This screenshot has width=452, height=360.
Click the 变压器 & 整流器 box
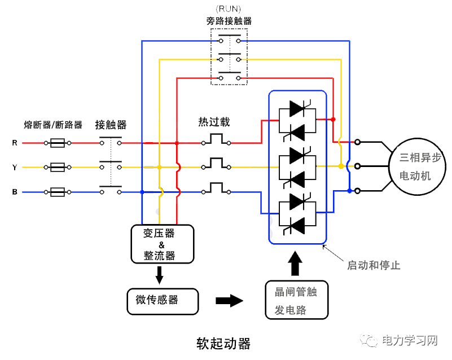[162, 244]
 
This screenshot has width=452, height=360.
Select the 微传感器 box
[163, 301]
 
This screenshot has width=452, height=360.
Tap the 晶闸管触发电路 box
[296, 300]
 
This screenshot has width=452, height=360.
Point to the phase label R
[15, 143]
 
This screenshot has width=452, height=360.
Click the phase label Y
[15, 168]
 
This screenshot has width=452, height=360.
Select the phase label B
[15, 192]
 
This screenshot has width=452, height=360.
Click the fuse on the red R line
[57, 143]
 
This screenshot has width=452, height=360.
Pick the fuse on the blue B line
[57, 192]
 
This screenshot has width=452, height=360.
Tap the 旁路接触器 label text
[229, 21]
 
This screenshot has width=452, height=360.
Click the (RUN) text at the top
[229, 9]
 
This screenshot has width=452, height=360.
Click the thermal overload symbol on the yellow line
[216, 164]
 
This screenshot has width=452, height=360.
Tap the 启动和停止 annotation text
[374, 265]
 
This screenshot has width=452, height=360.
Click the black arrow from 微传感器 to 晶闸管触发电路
[229, 300]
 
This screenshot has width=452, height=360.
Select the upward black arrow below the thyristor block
[296, 262]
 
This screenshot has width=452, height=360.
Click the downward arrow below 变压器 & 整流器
[160, 275]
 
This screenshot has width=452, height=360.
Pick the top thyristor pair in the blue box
[297, 119]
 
